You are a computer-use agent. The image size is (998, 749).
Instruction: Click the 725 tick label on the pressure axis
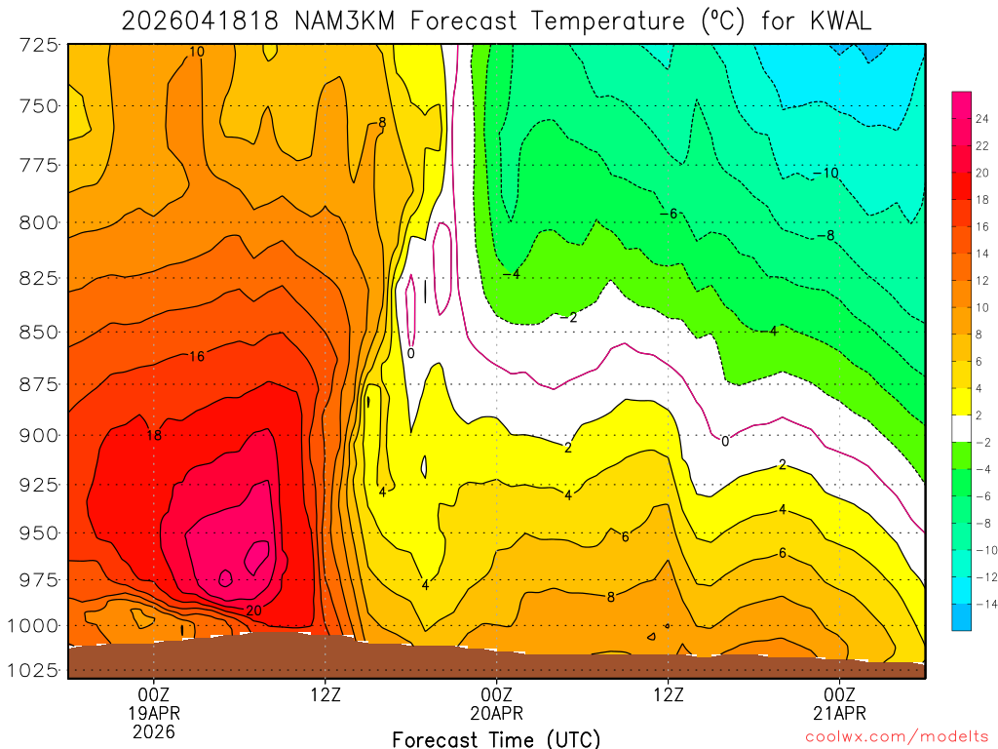[38, 45]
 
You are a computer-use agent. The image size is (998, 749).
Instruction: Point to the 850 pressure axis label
[38, 332]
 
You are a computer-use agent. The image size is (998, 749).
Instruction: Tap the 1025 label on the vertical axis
[34, 670]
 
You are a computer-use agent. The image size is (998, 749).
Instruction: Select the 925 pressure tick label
[38, 484]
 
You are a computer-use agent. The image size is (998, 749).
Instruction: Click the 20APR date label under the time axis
[497, 713]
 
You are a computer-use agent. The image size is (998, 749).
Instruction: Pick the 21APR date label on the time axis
[840, 713]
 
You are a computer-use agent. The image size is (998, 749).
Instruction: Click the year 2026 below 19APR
[154, 731]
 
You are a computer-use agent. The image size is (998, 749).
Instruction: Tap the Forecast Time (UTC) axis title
[496, 738]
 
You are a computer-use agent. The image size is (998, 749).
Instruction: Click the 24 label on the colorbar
[982, 117]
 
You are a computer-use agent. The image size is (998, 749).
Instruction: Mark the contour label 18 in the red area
[154, 435]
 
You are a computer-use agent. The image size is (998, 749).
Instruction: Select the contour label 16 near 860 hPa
[196, 357]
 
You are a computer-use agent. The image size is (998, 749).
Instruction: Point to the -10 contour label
[825, 174]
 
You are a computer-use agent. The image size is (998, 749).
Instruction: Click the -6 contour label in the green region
[668, 214]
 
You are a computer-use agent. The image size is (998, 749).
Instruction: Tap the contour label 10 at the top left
[197, 52]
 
